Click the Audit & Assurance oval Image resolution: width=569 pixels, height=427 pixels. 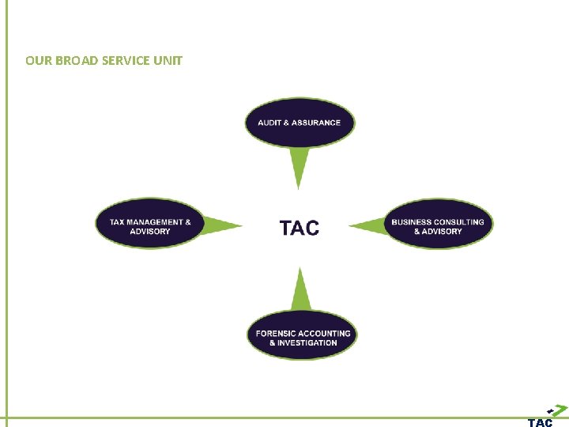coord(299,123)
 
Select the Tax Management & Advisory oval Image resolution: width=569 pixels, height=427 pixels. coord(149,224)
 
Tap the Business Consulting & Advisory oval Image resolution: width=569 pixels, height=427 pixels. coord(437,225)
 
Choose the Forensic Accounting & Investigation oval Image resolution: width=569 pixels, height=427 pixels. coord(302,336)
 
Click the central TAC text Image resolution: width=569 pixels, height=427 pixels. coord(300,228)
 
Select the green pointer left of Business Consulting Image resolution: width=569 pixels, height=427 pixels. coord(368,227)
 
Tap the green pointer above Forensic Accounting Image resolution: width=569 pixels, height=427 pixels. coord(300,291)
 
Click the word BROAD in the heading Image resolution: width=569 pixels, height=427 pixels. coord(75,60)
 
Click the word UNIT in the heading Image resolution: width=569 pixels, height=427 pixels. coord(169,60)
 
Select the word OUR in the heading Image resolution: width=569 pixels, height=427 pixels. coord(36,60)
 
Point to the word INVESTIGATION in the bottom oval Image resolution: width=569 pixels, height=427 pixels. coord(307,343)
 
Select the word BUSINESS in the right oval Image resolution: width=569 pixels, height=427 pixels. coord(412,222)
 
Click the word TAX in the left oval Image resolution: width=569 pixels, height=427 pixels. coord(117,222)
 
